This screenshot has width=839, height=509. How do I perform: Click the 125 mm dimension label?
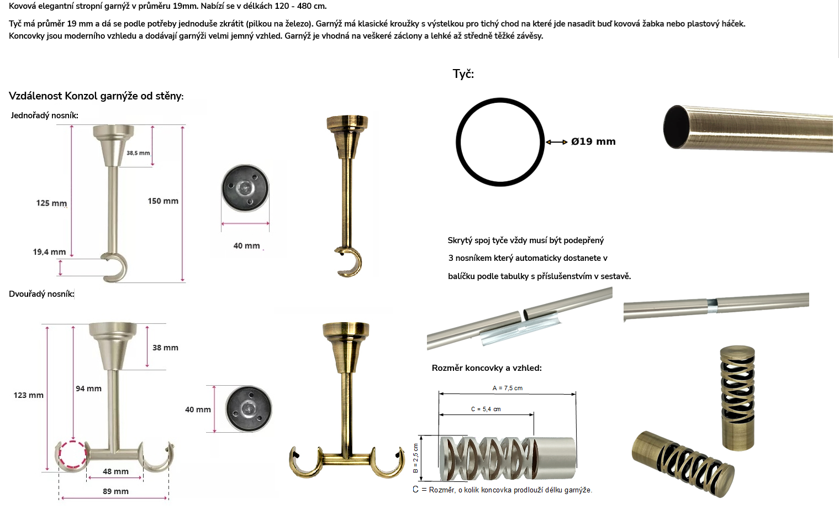point(51,203)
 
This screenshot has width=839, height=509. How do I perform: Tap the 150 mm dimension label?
point(163,201)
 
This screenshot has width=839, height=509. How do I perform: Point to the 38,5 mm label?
point(138,153)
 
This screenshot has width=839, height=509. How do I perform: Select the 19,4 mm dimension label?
point(49,252)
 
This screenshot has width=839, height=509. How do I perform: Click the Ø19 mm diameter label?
point(593,141)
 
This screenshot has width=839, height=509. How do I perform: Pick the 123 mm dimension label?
point(29,395)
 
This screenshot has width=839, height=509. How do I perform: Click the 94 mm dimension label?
point(88,389)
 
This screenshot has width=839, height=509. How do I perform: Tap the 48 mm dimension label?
point(115,471)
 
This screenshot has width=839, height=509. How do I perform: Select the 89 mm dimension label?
point(115,491)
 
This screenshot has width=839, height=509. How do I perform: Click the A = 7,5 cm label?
point(507,389)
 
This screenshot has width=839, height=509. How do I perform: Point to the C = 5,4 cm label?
point(486,410)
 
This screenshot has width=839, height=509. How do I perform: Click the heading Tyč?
point(463,74)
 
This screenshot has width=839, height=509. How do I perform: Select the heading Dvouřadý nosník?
point(41,294)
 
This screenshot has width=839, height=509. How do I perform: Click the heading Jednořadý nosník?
point(44,116)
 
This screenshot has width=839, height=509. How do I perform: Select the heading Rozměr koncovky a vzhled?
point(487,368)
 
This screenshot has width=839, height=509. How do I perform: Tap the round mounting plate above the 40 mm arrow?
point(245,188)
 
